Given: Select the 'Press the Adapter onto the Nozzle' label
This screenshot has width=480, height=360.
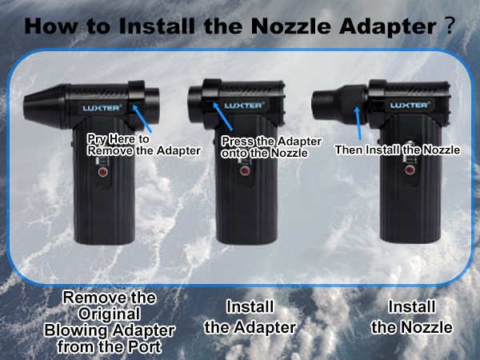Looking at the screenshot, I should click(265, 146).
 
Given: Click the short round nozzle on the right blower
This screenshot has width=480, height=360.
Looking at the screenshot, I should click(327, 103).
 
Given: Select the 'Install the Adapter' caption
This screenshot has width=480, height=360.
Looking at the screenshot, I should click(250, 317).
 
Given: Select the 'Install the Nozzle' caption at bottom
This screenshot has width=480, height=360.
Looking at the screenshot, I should click(412, 317).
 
